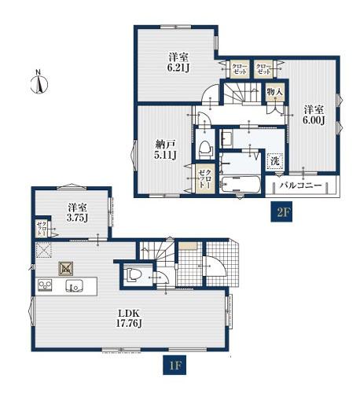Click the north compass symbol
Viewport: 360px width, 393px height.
pyautogui.click(x=39, y=83)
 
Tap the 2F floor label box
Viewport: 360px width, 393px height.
pyautogui.click(x=281, y=211)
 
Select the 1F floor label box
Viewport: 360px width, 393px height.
pyautogui.click(x=174, y=365)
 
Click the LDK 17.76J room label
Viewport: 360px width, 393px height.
pyautogui.click(x=129, y=318)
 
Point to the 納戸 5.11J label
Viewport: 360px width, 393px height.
pyautogui.click(x=165, y=149)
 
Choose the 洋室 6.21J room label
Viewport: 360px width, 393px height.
pyautogui.click(x=178, y=62)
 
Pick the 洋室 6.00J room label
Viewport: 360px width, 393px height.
pyautogui.click(x=314, y=115)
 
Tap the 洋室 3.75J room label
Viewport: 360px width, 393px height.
pyautogui.click(x=77, y=212)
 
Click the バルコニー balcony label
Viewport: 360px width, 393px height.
pyautogui.click(x=300, y=185)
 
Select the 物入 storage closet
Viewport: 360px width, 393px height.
pyautogui.click(x=274, y=92)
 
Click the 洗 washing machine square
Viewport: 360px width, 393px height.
pyautogui.click(x=275, y=161)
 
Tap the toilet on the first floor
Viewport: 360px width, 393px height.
pyautogui.click(x=133, y=274)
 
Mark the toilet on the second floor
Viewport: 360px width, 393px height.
pyautogui.click(x=205, y=150)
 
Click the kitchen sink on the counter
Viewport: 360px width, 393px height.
pyautogui.click(x=74, y=285)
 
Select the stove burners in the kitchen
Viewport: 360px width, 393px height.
pyautogui.click(x=45, y=285)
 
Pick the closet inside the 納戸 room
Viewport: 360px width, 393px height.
pyautogui.click(x=206, y=178)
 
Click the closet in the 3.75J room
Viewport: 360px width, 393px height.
pyautogui.click(x=42, y=228)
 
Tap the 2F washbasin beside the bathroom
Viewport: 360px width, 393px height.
pyautogui.click(x=227, y=138)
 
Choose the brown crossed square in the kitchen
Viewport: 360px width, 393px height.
pyautogui.click(x=65, y=269)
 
